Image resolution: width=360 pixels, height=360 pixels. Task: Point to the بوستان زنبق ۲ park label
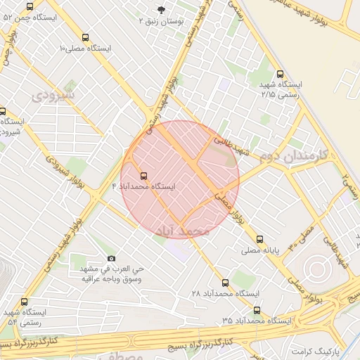point(163,22)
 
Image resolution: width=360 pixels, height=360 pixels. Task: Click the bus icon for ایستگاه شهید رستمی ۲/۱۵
point(281,73)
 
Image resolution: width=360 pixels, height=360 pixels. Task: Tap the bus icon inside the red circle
point(144,176)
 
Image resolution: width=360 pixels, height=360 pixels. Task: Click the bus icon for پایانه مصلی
point(261,239)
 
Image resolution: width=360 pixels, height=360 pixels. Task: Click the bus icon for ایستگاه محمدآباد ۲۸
point(225,282)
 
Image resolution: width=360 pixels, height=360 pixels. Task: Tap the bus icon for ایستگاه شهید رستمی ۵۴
point(24,302)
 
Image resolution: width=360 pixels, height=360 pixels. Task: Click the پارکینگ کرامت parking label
point(316,349)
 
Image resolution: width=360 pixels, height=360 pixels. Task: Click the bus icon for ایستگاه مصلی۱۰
point(85,37)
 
